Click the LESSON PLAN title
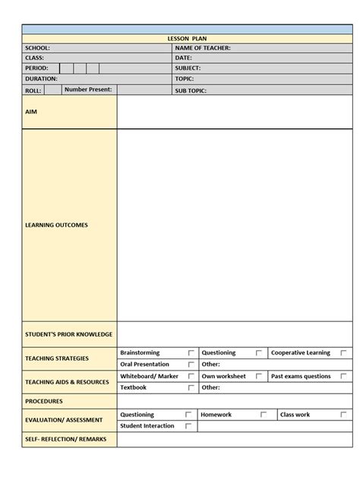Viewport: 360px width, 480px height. [187, 37]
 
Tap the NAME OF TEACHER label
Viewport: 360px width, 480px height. [203, 48]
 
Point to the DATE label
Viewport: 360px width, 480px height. [184, 58]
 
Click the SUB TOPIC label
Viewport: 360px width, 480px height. [191, 90]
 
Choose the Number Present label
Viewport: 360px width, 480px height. [88, 90]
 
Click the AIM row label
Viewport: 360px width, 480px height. [31, 112]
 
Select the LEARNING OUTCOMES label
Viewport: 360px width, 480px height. [56, 225]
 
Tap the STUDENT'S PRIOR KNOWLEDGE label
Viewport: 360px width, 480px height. [68, 334]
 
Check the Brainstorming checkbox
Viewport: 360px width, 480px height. [191, 353]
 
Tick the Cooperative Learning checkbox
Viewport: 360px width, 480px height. [343, 353]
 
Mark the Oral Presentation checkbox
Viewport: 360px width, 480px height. [191, 365]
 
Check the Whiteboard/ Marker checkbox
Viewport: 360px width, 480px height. [191, 376]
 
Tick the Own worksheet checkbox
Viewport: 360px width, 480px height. [259, 376]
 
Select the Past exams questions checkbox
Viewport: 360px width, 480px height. [343, 376]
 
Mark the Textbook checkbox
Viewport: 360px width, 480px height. [191, 387]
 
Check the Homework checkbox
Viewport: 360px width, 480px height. [264, 415]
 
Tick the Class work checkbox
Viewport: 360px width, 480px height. [343, 415]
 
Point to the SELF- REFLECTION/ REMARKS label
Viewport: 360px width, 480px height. [66, 439]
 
